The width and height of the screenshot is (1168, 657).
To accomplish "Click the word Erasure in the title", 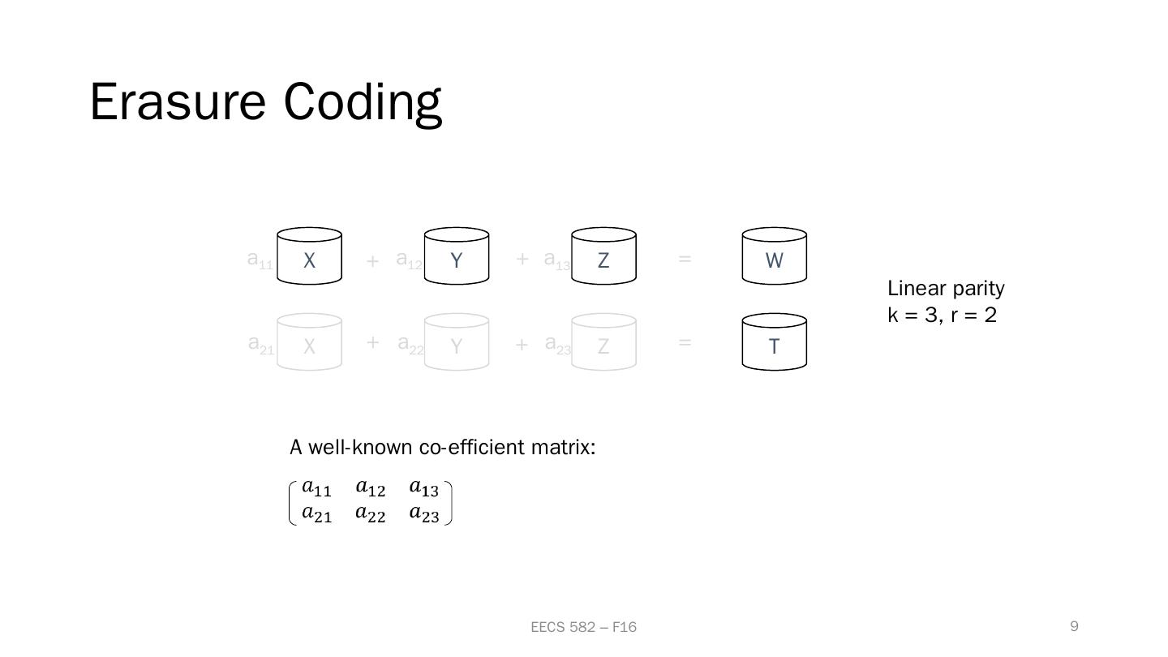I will click(x=178, y=102).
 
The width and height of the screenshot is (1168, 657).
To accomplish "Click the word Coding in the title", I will click(x=363, y=102).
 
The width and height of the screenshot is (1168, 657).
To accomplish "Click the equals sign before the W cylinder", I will click(x=685, y=259).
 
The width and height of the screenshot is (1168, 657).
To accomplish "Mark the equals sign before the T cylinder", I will click(x=685, y=342).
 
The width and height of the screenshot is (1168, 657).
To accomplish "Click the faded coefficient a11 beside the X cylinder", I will click(x=260, y=260).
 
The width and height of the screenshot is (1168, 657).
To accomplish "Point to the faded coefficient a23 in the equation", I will click(x=558, y=345).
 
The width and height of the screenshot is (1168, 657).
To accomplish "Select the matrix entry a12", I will click(x=370, y=488).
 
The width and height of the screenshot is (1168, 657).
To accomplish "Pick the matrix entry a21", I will click(x=316, y=513).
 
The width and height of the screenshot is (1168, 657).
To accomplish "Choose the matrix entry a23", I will click(x=423, y=513).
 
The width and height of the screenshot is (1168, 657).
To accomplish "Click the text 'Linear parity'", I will click(x=946, y=289).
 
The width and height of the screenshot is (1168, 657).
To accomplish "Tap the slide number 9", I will click(x=1074, y=626).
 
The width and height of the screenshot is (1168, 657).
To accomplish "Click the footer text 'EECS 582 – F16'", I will click(x=583, y=627).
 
